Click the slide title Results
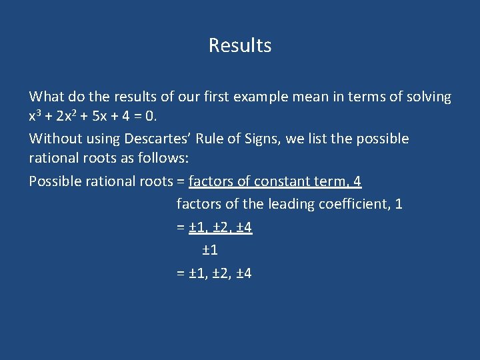click(x=240, y=45)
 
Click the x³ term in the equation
click(x=35, y=117)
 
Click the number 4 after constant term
click(x=357, y=181)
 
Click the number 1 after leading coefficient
click(x=398, y=204)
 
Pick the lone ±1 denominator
click(x=209, y=250)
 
